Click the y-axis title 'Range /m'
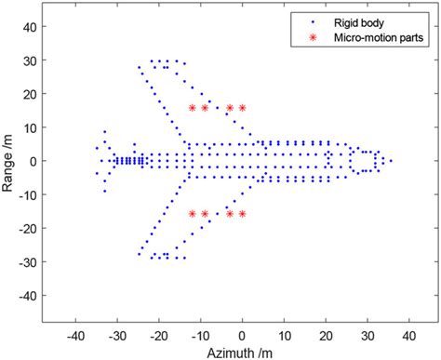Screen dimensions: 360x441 click(x=9, y=161)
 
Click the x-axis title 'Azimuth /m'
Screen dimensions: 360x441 click(x=242, y=352)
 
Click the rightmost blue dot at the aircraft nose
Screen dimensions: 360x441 click(x=391, y=161)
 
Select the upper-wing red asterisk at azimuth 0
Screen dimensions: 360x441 click(x=242, y=108)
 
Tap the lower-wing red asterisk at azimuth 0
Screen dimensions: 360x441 click(x=242, y=214)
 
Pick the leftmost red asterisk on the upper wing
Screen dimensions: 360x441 click(x=193, y=108)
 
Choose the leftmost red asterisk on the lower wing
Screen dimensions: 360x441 click(x=193, y=214)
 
